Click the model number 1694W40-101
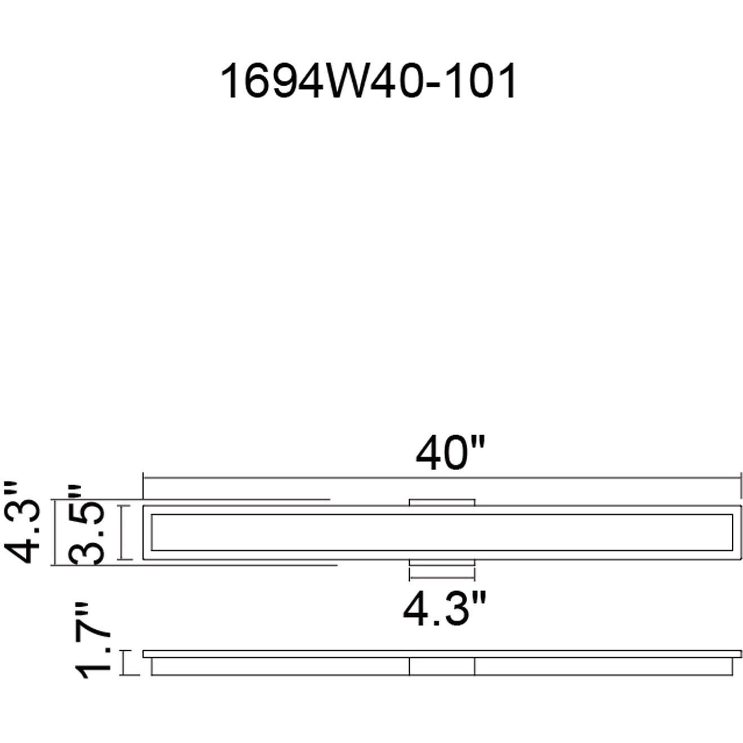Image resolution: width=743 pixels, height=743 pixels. tap(369, 82)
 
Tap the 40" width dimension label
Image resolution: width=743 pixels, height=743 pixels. tap(450, 453)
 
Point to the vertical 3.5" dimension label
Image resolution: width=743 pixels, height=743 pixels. tap(87, 525)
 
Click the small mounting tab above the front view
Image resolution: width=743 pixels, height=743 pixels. tap(442, 502)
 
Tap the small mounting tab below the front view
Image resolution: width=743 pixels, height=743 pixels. tap(442, 562)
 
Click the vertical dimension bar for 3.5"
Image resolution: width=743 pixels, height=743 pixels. tap(125, 532)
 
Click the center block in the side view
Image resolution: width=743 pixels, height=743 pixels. tap(442, 666)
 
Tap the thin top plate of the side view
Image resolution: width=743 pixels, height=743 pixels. tap(442, 653)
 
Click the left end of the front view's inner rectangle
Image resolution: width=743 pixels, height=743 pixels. tap(153, 532)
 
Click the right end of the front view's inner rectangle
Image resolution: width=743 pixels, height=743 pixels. tap(732, 532)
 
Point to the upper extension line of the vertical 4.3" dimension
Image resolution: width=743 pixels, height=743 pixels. tap(191, 499)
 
